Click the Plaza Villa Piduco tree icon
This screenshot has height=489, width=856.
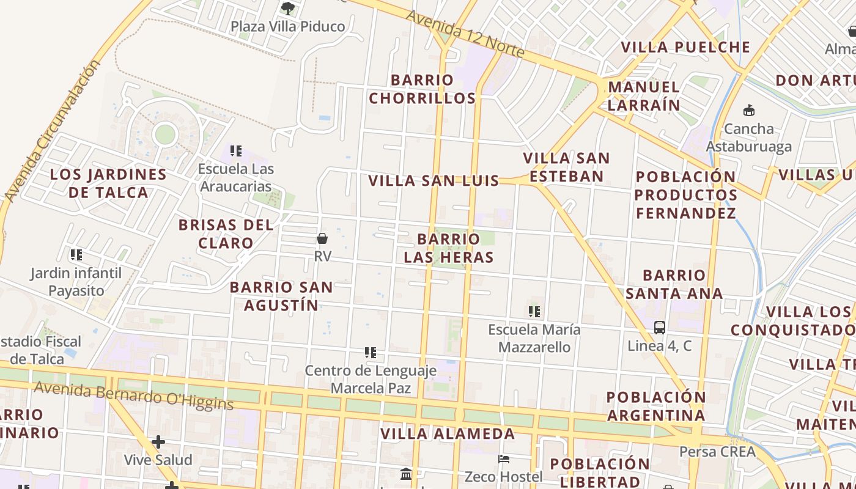[287, 9]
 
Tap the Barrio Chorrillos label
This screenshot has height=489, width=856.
[422, 89]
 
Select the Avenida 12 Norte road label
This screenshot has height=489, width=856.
[465, 34]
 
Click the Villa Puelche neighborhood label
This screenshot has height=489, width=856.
[685, 47]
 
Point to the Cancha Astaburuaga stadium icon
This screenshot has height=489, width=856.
[748, 111]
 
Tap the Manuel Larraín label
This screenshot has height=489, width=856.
[644, 96]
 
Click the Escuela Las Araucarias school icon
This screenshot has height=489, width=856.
[236, 150]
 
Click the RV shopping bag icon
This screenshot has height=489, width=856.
[322, 238]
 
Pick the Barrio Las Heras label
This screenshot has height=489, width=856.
[449, 248]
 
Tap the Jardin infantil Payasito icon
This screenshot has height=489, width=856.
[76, 254]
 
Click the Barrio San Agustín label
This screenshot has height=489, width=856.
[281, 296]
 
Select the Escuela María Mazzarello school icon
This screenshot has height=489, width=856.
[534, 312]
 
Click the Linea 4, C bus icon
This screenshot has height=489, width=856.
[659, 327]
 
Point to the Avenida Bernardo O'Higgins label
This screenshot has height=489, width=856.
[134, 395]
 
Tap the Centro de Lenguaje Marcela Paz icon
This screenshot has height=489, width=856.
[371, 353]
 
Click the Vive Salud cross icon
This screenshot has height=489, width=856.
[158, 441]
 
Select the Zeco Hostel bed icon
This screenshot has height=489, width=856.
[504, 458]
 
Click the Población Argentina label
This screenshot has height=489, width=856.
[656, 406]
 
